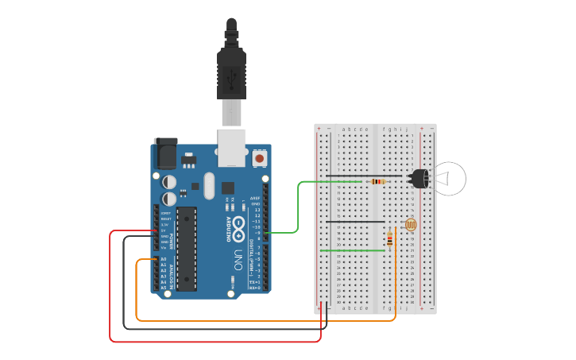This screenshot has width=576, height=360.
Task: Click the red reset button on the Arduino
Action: click(260, 159)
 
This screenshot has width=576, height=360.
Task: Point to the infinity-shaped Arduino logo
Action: click(238, 226)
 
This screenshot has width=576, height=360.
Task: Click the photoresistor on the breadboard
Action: click(410, 226)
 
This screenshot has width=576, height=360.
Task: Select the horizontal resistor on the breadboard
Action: click(378, 181)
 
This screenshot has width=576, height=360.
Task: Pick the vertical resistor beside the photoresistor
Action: click(389, 238)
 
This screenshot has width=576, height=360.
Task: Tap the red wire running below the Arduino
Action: click(215, 341)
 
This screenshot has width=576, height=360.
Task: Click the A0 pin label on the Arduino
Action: click(164, 260)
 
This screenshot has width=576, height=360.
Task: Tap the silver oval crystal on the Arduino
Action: click(209, 186)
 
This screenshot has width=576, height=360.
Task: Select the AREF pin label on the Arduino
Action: click(255, 198)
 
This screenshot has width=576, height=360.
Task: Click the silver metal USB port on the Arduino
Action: click(231, 147)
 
